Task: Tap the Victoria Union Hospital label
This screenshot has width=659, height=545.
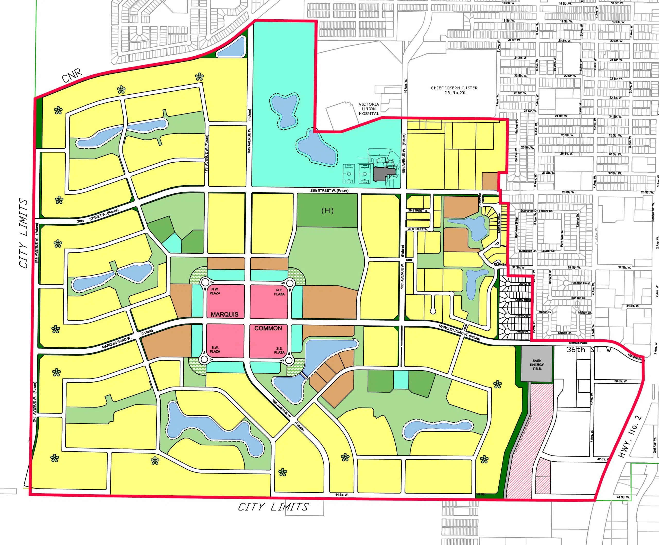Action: coord(369,109)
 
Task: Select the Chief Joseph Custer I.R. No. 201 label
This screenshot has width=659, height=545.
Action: coord(454,90)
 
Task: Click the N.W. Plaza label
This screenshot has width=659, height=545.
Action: coord(215,291)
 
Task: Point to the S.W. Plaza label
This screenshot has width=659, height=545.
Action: coord(215,349)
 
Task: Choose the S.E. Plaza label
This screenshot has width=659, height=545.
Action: coord(279,350)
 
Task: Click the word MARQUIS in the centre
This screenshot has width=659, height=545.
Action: coord(224,314)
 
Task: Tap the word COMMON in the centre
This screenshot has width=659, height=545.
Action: coord(268,328)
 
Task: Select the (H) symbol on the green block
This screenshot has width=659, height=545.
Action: coord(327,210)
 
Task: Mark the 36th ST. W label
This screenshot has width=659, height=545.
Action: coord(589,349)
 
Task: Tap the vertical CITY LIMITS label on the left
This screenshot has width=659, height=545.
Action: coord(24,233)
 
